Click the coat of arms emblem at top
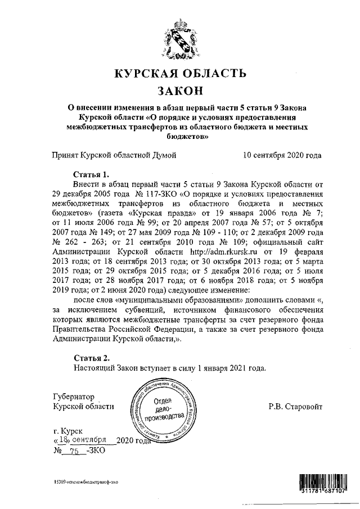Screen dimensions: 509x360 point(179,37)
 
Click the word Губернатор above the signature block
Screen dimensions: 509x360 point(73,396)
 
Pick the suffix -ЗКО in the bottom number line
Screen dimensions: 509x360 point(94,451)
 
